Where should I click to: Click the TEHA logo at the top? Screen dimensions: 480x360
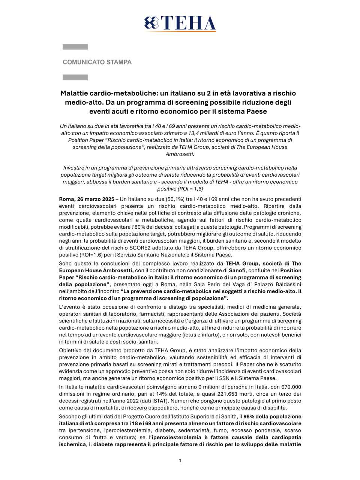(x=180, y=23)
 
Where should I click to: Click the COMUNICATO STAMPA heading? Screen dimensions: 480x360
(x=97, y=62)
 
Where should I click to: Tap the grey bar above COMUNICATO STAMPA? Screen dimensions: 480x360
(x=75, y=47)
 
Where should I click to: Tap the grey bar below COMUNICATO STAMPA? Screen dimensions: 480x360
(x=75, y=77)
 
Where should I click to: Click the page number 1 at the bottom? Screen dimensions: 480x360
(x=180, y=460)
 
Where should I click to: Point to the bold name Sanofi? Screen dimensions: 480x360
(x=237, y=270)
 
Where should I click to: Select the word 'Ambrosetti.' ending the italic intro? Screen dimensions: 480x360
(x=180, y=154)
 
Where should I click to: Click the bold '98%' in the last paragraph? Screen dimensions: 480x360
(x=250, y=417)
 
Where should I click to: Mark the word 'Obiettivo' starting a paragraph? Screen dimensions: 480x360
(x=71, y=350)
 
